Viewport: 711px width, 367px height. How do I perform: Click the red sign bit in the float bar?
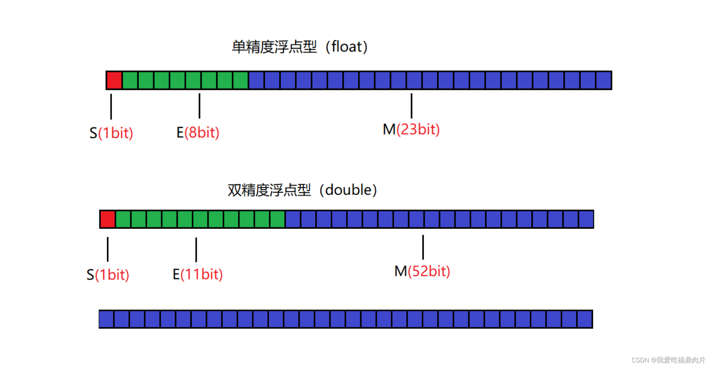point(114,80)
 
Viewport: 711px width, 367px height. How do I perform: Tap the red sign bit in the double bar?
point(108,219)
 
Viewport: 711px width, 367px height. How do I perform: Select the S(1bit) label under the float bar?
point(111,133)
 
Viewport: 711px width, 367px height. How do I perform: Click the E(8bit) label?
point(198,133)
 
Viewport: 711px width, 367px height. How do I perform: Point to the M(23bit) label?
point(411,130)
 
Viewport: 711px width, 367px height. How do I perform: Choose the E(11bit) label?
point(198,274)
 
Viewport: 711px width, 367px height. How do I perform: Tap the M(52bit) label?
point(422,271)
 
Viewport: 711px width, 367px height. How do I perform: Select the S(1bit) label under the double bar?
point(108,275)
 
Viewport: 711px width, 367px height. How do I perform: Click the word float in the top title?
point(346,47)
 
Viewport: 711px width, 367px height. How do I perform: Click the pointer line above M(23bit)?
point(411,106)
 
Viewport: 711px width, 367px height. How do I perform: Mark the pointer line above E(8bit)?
point(199,106)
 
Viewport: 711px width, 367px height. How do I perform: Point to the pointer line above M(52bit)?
point(423,247)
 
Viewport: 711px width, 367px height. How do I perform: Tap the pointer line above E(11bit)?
point(196,250)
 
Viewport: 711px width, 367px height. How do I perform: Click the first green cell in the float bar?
point(130,80)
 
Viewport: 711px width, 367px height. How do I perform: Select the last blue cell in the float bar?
point(604,80)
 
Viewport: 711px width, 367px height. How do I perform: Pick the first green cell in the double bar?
point(123,219)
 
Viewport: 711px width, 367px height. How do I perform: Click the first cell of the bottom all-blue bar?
point(106,319)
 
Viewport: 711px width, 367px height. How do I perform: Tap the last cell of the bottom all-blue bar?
point(585,319)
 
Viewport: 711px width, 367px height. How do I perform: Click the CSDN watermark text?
point(668,360)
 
